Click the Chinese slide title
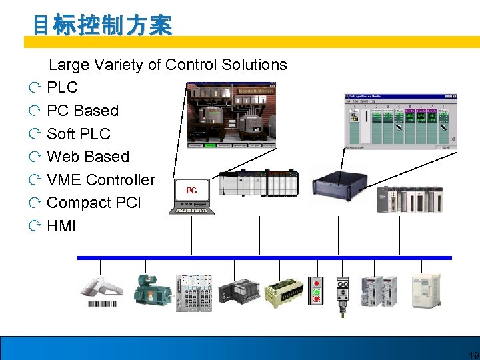click(103, 25)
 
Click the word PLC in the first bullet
click(63, 87)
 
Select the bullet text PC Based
click(83, 111)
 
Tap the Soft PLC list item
click(79, 133)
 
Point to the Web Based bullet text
click(88, 157)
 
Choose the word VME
click(65, 180)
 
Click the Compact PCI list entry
click(94, 203)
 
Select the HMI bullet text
click(61, 226)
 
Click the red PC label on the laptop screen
click(191, 191)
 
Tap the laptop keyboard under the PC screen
click(192, 211)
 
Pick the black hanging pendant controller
click(344, 293)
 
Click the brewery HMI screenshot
click(229, 114)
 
